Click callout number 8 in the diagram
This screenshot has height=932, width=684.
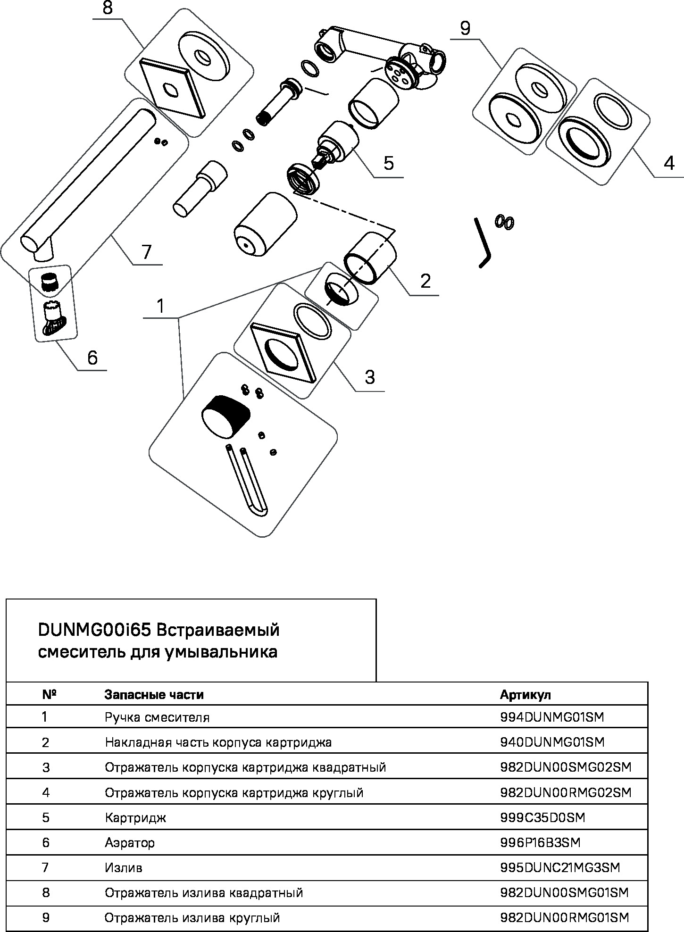click(108, 8)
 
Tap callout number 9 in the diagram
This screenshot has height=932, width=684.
click(465, 29)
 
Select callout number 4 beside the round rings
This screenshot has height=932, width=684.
click(668, 163)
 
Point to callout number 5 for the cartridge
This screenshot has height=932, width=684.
click(388, 163)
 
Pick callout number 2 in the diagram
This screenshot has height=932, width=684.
click(425, 281)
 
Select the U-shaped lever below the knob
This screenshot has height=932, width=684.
click(248, 481)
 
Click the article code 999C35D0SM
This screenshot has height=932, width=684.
click(542, 817)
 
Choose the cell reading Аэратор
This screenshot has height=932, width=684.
click(130, 842)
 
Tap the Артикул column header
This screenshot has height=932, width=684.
click(525, 694)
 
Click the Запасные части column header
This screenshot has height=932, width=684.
click(154, 694)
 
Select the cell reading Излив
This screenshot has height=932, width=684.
click(123, 867)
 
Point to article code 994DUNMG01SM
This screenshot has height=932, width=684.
click(551, 717)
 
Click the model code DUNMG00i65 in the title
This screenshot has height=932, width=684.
click(94, 630)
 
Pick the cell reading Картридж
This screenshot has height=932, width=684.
click(135, 817)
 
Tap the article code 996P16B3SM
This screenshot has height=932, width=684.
click(540, 842)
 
